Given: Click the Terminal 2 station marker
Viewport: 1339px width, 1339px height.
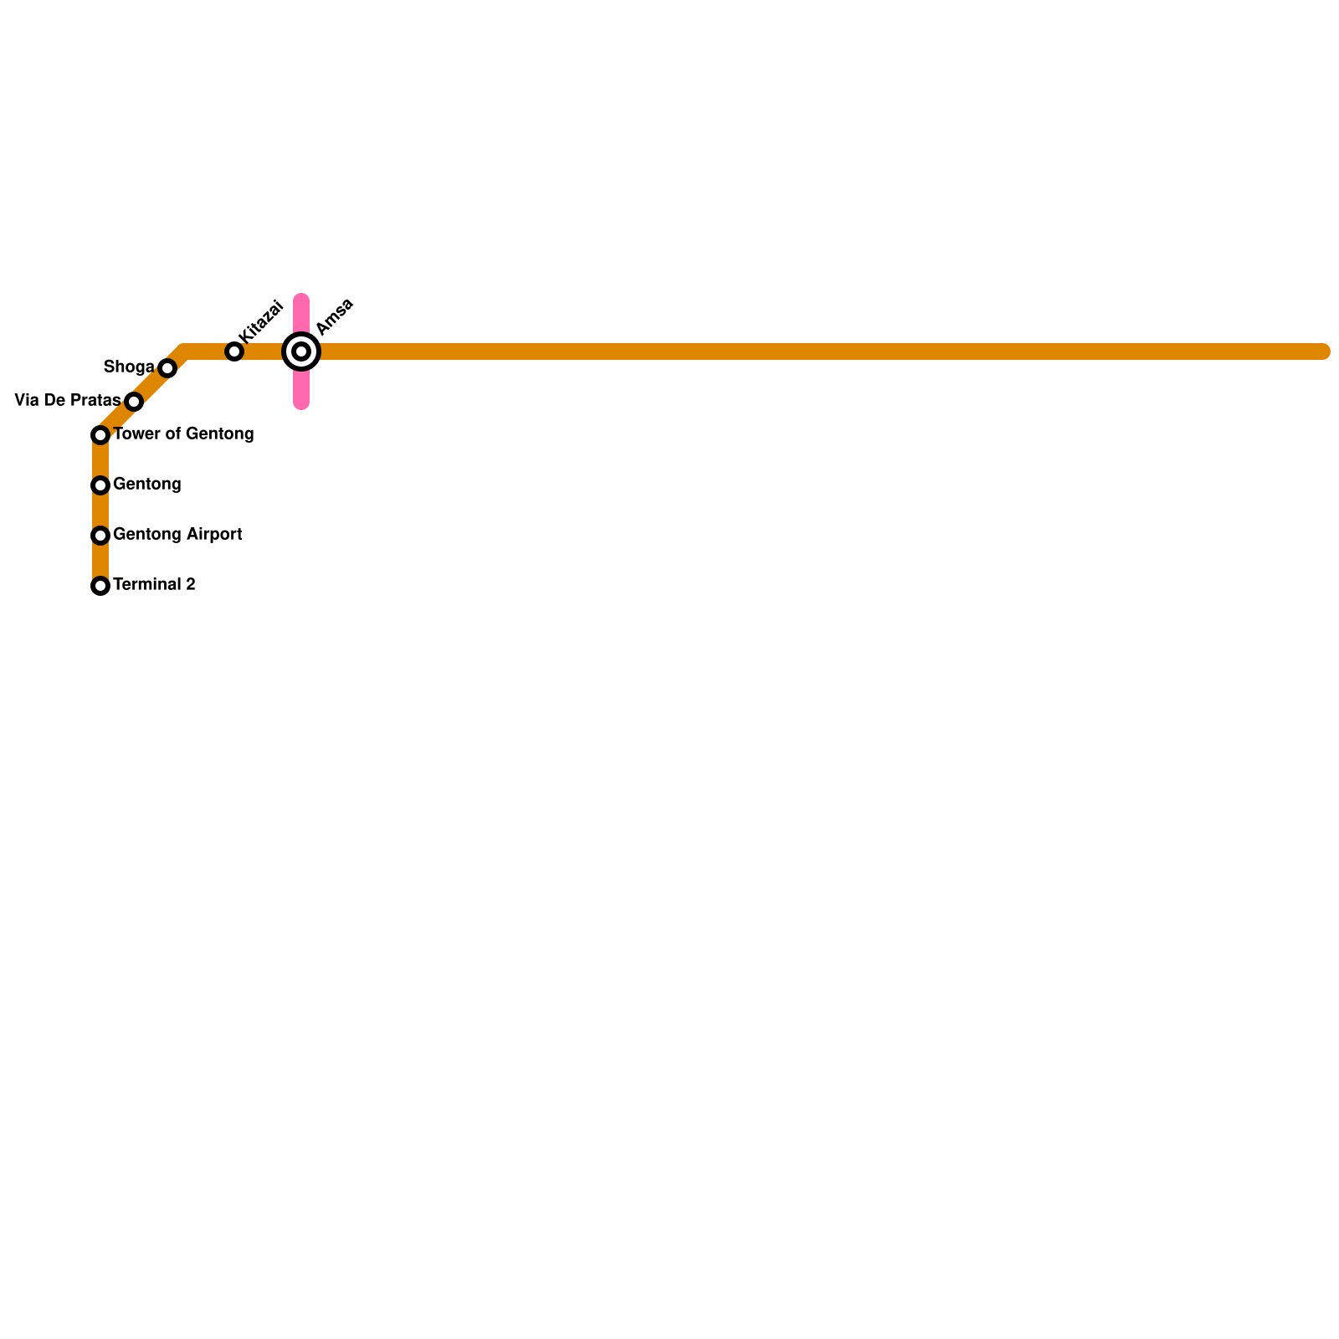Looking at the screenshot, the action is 100,586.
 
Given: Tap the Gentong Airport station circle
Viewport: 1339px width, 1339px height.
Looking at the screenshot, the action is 100,536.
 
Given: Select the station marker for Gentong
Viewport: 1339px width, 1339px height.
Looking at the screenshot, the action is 100,485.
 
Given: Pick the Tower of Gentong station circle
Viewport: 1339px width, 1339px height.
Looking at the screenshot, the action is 100,435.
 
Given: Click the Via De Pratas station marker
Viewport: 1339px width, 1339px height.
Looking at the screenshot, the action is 134,402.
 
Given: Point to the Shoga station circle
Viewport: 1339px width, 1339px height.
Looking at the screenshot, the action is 167,368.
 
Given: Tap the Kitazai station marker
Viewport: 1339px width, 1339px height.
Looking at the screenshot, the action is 234,351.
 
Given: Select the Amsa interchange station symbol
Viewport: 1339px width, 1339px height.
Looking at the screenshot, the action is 301,351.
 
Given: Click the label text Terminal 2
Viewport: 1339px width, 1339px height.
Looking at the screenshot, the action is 154,584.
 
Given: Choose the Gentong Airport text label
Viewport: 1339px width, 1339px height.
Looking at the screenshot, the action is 177,534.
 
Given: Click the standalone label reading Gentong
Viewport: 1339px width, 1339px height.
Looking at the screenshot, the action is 147,484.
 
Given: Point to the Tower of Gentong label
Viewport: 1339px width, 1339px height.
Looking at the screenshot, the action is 183,434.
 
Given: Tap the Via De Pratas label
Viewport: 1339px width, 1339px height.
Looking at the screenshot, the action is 67,401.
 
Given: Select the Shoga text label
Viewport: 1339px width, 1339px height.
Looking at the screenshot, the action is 128,367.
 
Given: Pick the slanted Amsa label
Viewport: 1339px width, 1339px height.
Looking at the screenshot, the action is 335,316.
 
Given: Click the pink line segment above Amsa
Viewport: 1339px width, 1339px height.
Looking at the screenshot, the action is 301,314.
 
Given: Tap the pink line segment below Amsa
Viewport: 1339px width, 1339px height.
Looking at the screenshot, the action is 301,389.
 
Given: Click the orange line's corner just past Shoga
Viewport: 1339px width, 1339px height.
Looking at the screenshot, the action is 184,351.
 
